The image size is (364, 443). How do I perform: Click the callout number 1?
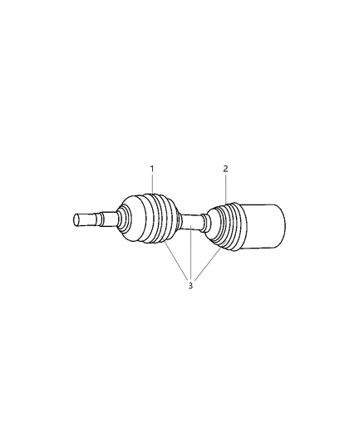pos(152,169)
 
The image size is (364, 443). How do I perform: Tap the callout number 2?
pos(225,169)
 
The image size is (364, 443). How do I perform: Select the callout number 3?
pos(190,286)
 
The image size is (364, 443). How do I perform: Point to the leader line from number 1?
pos(152,185)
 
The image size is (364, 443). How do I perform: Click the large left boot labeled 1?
pos(150,219)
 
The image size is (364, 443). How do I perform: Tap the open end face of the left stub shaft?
pos(76,219)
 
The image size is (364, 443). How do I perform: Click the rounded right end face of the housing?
pos(282,226)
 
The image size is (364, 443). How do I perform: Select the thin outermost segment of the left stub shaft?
pos(86,219)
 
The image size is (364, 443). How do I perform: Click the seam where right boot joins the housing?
pos(245,226)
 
